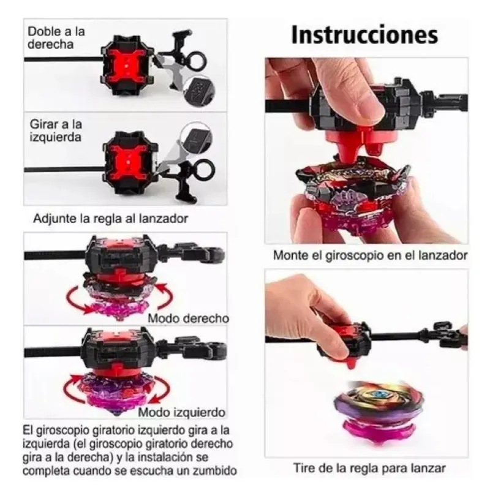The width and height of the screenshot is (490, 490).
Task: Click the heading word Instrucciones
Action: click(364, 35)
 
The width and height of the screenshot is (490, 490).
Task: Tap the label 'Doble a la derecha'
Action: click(56, 37)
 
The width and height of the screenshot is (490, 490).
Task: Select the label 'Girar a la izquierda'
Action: click(56, 130)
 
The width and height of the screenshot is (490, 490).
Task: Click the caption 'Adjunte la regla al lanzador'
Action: click(111, 219)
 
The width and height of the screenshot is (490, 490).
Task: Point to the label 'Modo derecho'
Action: click(188, 318)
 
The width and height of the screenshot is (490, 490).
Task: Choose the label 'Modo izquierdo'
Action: click(181, 412)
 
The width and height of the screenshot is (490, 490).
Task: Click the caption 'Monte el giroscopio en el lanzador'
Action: click(371, 255)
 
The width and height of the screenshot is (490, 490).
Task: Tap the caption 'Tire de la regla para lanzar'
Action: click(369, 469)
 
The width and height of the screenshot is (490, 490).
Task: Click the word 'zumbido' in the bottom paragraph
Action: click(215, 470)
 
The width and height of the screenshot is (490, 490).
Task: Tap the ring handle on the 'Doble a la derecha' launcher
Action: click(197, 60)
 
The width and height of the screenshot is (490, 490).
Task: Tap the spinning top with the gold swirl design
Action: click(379, 409)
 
